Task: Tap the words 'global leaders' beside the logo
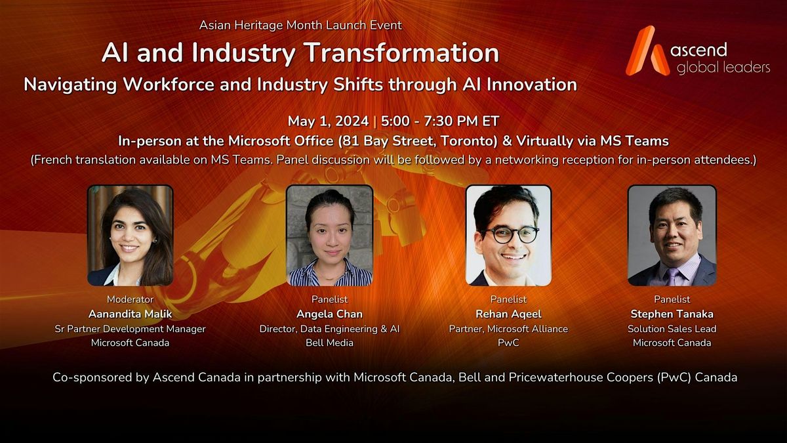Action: [x=723, y=67]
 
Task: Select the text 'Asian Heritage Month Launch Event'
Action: [x=300, y=26]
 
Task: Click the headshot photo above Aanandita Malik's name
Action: [x=130, y=235]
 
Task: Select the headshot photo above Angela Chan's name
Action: [x=329, y=235]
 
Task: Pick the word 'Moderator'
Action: [x=130, y=300]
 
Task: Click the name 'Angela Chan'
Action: [x=329, y=314]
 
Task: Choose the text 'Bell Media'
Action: [x=329, y=343]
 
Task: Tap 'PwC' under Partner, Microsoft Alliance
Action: [x=508, y=343]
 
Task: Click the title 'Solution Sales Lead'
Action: [x=672, y=328]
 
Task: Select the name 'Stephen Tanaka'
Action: [x=672, y=314]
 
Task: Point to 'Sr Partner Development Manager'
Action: [x=130, y=328]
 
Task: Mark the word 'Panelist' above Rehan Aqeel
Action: [x=508, y=300]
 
